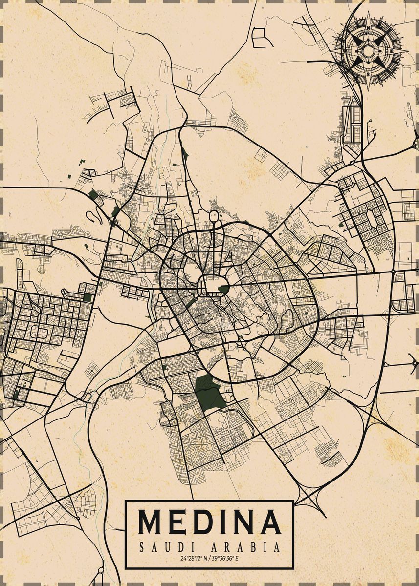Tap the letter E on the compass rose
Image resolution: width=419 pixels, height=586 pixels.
point(391,51)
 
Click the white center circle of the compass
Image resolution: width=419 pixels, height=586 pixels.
point(368,51)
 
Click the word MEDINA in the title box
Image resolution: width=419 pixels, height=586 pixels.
point(209,522)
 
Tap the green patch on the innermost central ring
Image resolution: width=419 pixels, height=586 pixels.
point(223,290)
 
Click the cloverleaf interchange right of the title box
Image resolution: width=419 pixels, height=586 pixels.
point(311,498)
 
